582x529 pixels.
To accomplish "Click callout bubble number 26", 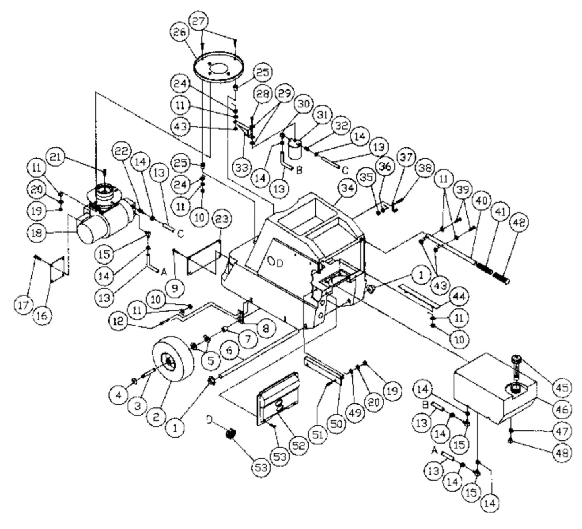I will pos(181,33).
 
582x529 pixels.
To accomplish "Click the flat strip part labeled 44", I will pos(411,293).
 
